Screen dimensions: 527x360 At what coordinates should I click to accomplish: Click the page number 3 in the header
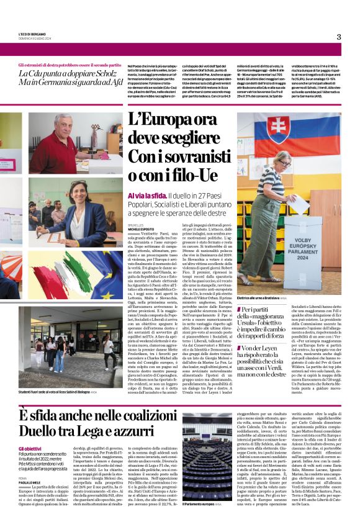[338, 36]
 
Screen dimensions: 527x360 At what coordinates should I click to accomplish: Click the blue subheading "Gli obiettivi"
[29, 447]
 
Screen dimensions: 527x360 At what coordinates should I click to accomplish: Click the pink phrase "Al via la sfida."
[145, 195]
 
